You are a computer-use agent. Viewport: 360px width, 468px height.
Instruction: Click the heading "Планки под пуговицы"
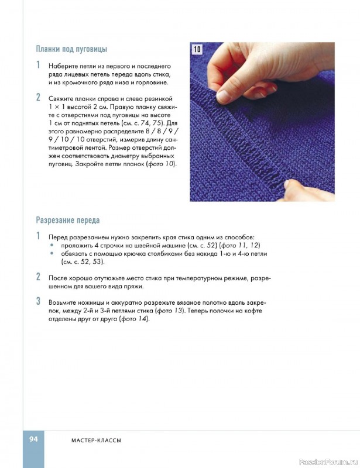(71, 49)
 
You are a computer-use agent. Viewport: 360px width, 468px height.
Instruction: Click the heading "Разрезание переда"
(68, 221)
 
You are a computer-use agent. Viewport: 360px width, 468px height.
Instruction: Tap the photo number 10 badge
(197, 50)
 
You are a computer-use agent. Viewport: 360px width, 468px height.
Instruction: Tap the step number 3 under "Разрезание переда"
(38, 302)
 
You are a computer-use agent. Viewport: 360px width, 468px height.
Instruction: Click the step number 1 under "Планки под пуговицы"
(38, 65)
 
